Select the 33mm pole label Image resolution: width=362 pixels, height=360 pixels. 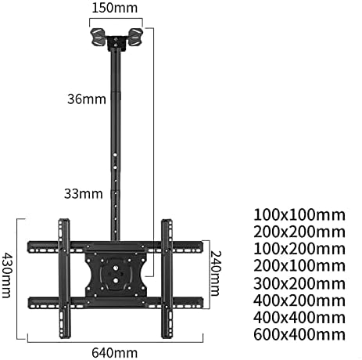(81, 191)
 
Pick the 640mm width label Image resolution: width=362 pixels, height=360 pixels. (115, 351)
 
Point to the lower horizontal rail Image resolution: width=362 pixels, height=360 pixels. (114, 302)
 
